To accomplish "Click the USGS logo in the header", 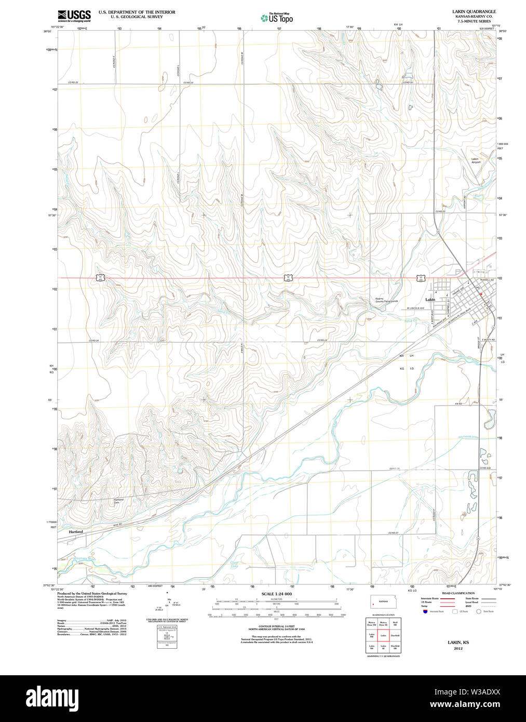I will (74, 15).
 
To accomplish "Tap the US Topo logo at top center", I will (277, 18).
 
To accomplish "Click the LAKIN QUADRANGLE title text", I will (474, 11).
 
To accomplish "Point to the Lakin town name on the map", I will (430, 300).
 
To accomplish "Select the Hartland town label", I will (76, 532).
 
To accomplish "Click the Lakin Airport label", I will (476, 161).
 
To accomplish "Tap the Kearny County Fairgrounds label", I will (386, 300).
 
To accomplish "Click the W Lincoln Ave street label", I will (415, 308).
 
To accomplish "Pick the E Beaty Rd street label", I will (488, 340).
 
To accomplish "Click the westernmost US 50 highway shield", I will (99, 278).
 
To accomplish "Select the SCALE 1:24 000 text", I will (276, 594).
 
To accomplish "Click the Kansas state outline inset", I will (383, 602).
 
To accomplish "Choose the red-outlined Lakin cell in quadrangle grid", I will (383, 635).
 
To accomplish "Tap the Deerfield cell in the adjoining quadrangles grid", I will (395, 635).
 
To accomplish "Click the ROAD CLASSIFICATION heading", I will (458, 593).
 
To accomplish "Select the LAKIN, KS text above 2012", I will (458, 643).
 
